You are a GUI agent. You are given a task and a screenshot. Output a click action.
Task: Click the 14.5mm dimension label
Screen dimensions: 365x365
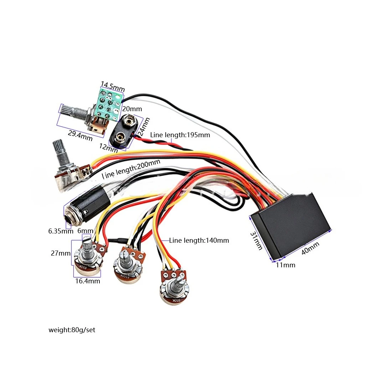point(113,86)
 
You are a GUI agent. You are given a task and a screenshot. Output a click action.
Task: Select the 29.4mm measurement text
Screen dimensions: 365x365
point(80,135)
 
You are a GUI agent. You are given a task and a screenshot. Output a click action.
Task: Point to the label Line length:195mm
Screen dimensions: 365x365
point(180,135)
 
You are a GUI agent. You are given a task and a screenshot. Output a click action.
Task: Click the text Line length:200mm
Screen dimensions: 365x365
point(131,169)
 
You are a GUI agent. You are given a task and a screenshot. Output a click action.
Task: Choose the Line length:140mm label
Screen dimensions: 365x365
point(199,240)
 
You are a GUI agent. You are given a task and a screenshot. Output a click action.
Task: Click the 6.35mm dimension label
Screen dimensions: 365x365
point(61,231)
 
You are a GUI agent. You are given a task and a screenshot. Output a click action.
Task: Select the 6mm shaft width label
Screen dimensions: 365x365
point(85,231)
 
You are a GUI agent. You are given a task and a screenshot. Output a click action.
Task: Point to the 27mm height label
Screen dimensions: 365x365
point(61,253)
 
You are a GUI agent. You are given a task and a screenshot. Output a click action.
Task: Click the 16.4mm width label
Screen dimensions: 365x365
point(88,281)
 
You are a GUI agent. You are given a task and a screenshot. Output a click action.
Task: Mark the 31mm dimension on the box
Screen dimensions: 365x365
point(256,241)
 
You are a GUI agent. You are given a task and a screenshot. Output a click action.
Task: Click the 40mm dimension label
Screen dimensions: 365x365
point(310,248)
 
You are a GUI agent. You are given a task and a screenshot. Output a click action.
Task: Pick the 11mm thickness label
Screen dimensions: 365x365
point(286,265)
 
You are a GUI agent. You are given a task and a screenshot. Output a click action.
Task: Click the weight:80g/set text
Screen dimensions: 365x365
point(72,330)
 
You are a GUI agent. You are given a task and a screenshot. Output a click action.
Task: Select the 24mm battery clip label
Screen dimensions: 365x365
point(144,127)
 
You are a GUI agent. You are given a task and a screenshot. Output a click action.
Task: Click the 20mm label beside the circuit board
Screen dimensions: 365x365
point(132,109)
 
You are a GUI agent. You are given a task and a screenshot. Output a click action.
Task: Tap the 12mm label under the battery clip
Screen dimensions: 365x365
point(108,148)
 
